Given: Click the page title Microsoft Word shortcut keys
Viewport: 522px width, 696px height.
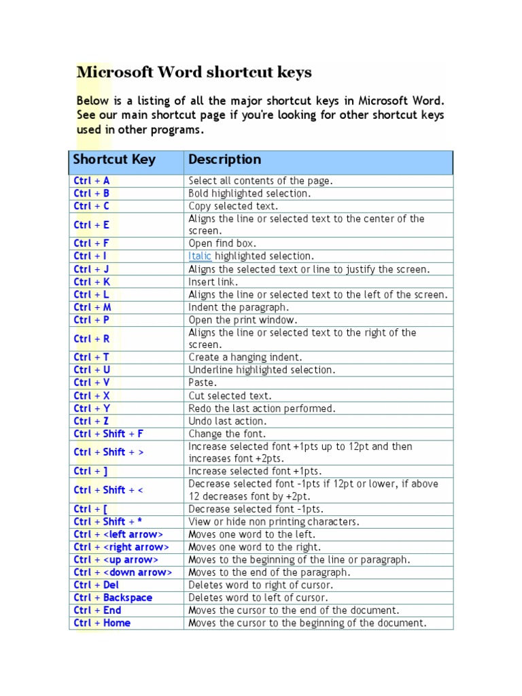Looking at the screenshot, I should tap(194, 72).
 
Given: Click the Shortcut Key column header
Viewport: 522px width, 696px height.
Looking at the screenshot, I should tap(114, 160).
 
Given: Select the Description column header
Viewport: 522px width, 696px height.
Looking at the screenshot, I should tap(224, 160).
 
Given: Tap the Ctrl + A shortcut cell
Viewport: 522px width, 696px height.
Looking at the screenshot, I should tap(92, 181).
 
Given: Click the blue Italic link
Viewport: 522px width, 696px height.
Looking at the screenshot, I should tap(200, 256).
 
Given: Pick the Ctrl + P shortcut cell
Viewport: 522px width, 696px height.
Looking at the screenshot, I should tap(92, 319).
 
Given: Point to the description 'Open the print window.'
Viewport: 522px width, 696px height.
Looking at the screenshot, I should tap(243, 319).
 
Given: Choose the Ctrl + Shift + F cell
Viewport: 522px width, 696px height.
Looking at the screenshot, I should tap(109, 434).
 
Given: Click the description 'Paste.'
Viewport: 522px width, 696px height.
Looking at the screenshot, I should tap(203, 383).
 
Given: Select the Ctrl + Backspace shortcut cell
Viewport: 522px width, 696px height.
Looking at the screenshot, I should tap(113, 597).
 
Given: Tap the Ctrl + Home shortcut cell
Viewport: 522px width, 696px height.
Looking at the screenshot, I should tap(102, 623).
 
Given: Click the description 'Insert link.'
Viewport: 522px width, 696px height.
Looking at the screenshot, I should tap(212, 281).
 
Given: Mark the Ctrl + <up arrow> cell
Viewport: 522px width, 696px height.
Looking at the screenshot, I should tap(116, 559).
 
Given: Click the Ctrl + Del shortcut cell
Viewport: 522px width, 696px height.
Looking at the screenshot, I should tap(97, 585).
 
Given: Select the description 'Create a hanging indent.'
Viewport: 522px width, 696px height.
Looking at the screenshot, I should tap(245, 357).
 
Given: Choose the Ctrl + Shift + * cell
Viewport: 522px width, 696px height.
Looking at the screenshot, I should tap(108, 521).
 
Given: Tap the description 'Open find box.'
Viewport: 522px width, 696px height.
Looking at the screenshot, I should tap(222, 243).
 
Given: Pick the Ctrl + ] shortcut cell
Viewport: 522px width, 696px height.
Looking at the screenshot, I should tap(91, 471).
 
